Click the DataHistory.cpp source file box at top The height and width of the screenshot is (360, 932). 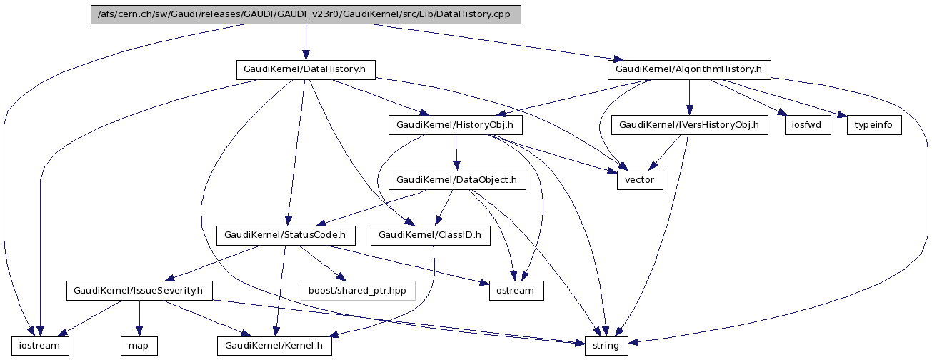306,14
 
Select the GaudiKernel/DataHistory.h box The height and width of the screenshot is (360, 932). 306,69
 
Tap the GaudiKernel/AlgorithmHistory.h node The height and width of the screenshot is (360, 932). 689,69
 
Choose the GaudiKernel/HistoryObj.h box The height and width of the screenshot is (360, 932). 456,125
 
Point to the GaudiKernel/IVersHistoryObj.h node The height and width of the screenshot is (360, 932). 689,125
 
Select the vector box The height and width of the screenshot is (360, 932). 640,180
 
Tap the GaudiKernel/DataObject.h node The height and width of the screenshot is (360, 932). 456,180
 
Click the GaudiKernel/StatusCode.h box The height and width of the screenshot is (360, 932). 285,235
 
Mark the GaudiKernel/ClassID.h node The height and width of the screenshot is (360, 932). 430,235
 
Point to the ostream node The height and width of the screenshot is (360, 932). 516,291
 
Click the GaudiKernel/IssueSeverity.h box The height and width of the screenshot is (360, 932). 139,291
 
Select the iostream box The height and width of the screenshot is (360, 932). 40,346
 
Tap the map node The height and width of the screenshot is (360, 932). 139,346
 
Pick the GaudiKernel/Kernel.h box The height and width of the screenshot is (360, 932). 275,346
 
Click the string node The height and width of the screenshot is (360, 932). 606,346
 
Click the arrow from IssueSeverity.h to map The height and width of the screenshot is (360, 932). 139,318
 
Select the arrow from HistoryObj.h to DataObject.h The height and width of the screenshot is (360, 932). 456,152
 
